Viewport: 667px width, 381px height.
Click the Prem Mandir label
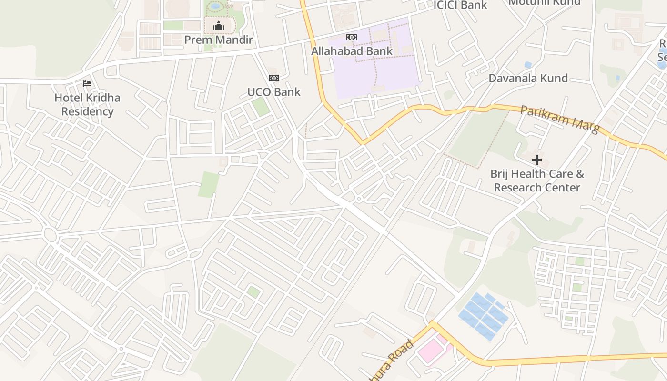(218, 40)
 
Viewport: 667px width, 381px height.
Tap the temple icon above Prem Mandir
(219, 26)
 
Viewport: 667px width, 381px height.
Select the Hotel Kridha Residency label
(87, 105)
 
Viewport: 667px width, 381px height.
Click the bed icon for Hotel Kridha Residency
(87, 84)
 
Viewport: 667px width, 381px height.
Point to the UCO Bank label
(274, 92)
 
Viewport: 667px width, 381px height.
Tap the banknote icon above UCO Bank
(274, 78)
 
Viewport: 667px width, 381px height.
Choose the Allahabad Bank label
(352, 51)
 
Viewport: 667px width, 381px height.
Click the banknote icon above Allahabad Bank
(352, 37)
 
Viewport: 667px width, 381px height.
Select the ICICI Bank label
(460, 5)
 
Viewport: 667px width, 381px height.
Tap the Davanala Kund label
(528, 78)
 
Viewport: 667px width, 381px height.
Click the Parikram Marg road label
(560, 119)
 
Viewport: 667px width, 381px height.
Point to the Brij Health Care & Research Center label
(537, 180)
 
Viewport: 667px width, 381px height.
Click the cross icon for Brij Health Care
(537, 160)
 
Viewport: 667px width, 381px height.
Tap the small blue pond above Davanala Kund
(528, 64)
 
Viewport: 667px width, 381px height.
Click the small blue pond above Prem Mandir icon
(216, 6)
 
